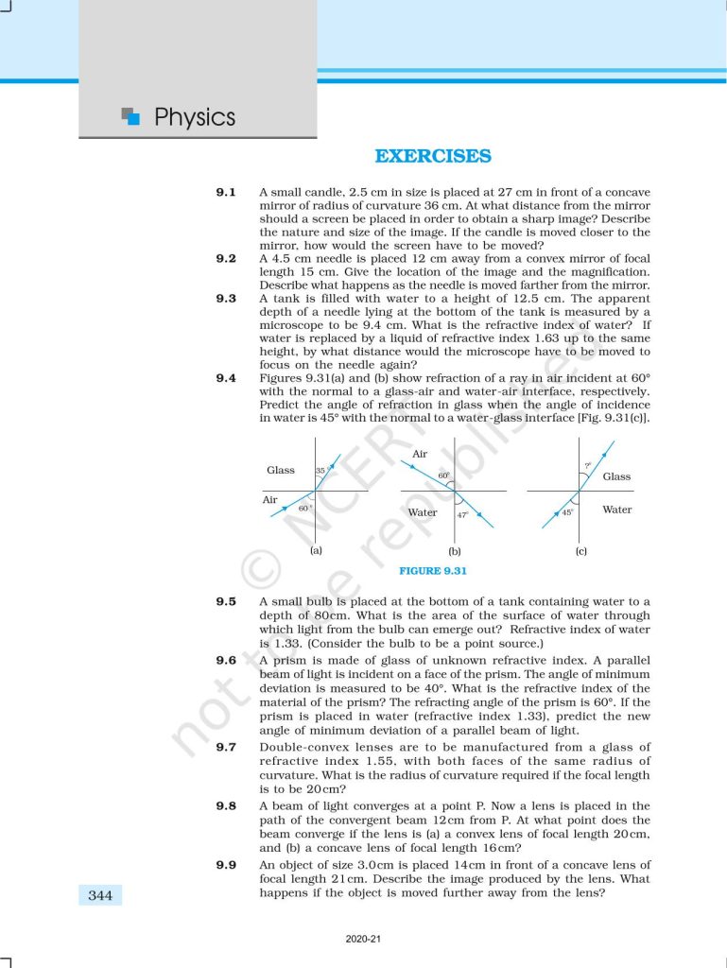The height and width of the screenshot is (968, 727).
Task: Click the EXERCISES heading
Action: pyautogui.click(x=433, y=157)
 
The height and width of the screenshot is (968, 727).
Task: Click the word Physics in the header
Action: pyautogui.click(x=194, y=118)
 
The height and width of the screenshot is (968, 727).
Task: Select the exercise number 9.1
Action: pyautogui.click(x=226, y=192)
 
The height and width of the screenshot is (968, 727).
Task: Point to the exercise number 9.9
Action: pyautogui.click(x=226, y=866)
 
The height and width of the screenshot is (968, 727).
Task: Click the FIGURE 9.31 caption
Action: pyautogui.click(x=433, y=571)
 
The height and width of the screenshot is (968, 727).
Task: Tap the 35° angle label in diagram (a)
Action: pyautogui.click(x=320, y=470)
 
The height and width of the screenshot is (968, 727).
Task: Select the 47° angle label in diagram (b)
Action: pyautogui.click(x=462, y=515)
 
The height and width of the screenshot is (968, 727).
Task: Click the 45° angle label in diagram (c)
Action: pyautogui.click(x=567, y=512)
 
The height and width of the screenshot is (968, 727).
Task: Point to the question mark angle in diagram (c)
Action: pyautogui.click(x=587, y=465)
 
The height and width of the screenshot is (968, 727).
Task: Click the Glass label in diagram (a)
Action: pyautogui.click(x=281, y=470)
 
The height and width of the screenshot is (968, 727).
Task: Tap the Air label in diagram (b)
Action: pyautogui.click(x=420, y=455)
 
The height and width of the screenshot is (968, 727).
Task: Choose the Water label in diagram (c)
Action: pyautogui.click(x=617, y=510)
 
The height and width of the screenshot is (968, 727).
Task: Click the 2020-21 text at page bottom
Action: pyautogui.click(x=363, y=940)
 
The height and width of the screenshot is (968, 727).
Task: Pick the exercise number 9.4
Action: pyautogui.click(x=226, y=378)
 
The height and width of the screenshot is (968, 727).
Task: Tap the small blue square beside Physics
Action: pyautogui.click(x=133, y=118)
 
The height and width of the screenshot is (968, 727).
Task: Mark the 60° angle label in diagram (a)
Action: pyautogui.click(x=304, y=508)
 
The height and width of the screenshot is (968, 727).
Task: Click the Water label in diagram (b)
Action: pyautogui.click(x=422, y=512)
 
